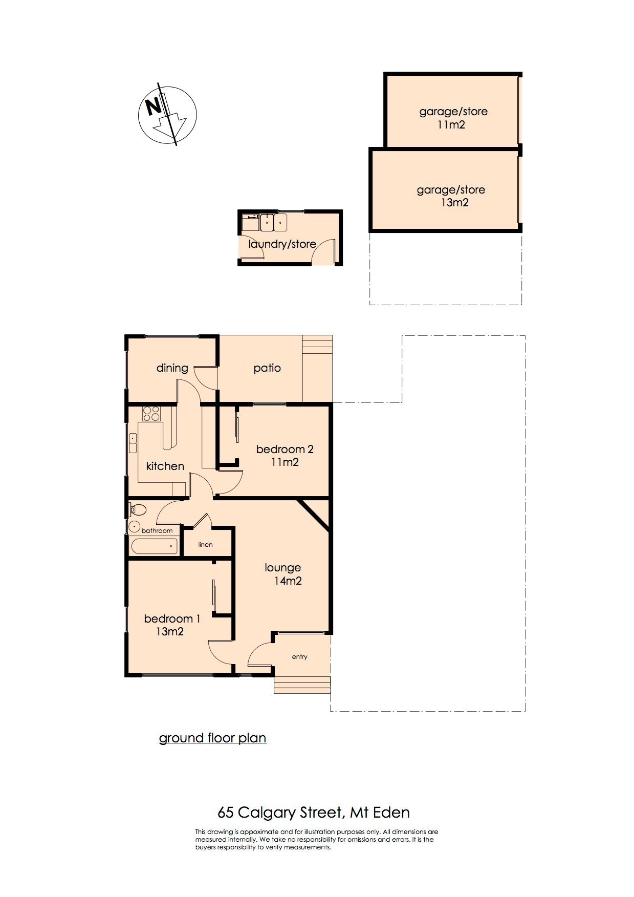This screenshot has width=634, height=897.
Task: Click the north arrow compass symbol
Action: tap(167, 115)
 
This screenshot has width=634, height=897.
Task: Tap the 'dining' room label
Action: tap(172, 368)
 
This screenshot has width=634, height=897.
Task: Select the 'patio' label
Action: tap(267, 368)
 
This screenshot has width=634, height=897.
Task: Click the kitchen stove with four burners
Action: tap(151, 413)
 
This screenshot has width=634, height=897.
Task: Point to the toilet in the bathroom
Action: tap(137, 509)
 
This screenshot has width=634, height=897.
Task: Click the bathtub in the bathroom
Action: tap(155, 546)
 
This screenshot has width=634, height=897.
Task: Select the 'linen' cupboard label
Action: tap(205, 544)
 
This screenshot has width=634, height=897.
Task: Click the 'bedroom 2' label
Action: tap(285, 450)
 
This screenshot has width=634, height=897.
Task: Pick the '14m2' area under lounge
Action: tap(288, 581)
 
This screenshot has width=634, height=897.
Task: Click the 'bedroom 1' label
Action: tap(172, 618)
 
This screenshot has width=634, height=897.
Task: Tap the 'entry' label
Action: tap(300, 657)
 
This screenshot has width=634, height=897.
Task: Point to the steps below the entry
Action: tap(302, 685)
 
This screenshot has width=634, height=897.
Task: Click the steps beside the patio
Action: tap(317, 369)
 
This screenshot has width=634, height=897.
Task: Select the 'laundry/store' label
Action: tap(282, 244)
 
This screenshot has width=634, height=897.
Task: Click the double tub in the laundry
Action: tap(274, 223)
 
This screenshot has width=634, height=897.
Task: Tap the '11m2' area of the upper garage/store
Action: tap(451, 125)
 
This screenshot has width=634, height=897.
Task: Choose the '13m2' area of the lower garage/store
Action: tap(454, 203)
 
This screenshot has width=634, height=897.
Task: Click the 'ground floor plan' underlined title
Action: tap(212, 738)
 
